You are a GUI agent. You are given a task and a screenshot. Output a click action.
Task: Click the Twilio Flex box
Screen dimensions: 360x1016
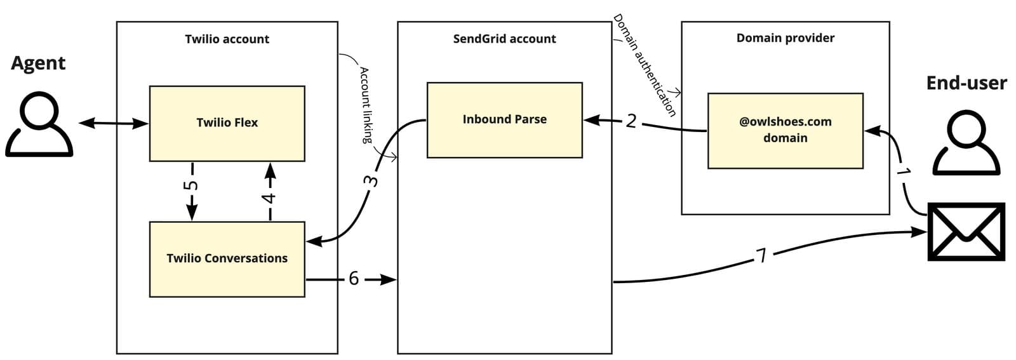coord(227,123)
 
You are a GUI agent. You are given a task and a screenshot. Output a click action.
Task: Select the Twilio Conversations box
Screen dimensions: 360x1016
coord(227,258)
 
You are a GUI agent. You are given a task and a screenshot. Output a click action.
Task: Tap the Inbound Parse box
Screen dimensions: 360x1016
coord(504,119)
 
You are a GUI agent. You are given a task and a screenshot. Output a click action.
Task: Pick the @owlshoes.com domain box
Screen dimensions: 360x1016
coord(785,130)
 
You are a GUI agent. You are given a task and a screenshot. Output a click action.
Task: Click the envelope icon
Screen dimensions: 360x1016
coord(966,232)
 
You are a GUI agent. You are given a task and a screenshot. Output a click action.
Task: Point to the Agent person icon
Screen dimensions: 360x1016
coord(39,124)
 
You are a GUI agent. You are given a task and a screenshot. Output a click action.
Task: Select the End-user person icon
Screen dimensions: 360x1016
coord(966,144)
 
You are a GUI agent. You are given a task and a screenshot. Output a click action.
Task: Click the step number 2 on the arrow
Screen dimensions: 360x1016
coord(631,121)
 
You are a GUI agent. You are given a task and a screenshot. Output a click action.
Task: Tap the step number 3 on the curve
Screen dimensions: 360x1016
coord(373,181)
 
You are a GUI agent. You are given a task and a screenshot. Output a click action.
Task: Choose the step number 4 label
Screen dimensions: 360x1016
coord(270,198)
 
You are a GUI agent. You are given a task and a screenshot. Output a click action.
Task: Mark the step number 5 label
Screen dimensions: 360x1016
coord(192,185)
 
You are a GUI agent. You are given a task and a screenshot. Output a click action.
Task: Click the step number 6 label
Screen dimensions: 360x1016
coord(354,279)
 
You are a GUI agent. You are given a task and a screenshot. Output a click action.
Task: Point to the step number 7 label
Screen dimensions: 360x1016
coord(761,255)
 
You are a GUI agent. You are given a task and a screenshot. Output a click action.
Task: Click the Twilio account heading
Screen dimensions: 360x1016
coord(227,39)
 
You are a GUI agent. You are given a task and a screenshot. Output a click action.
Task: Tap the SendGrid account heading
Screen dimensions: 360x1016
coord(504,39)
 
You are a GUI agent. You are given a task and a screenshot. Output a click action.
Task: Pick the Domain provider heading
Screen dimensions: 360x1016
coord(785,38)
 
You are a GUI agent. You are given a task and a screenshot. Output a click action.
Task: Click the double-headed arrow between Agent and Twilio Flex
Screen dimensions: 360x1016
coord(113,123)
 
